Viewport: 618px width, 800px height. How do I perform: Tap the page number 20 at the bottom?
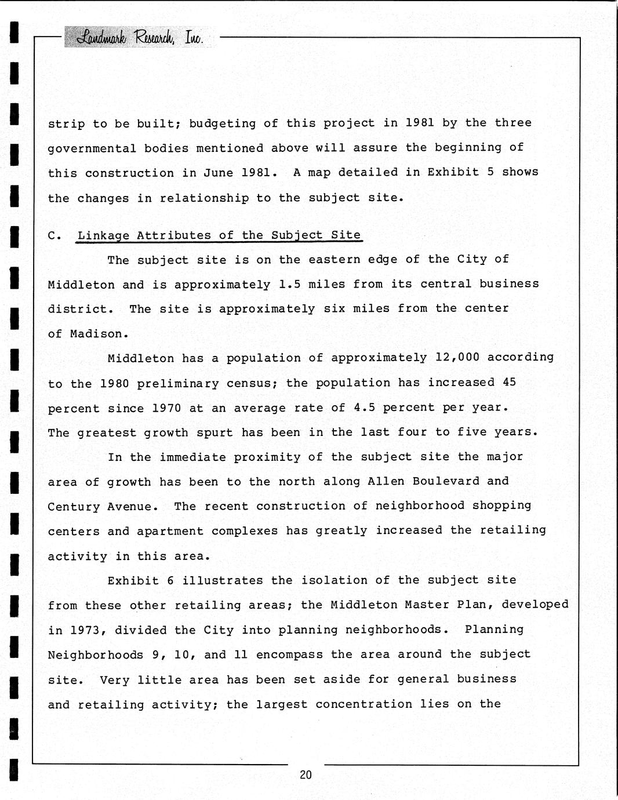(x=306, y=774)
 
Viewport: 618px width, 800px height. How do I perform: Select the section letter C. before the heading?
(x=54, y=235)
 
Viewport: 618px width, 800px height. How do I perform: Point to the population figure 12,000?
(x=457, y=358)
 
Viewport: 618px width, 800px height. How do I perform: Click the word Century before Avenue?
(x=74, y=507)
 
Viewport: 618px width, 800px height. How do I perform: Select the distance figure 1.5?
(x=289, y=284)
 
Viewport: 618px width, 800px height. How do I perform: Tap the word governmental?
(x=92, y=148)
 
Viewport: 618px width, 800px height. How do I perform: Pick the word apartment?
(x=170, y=531)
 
